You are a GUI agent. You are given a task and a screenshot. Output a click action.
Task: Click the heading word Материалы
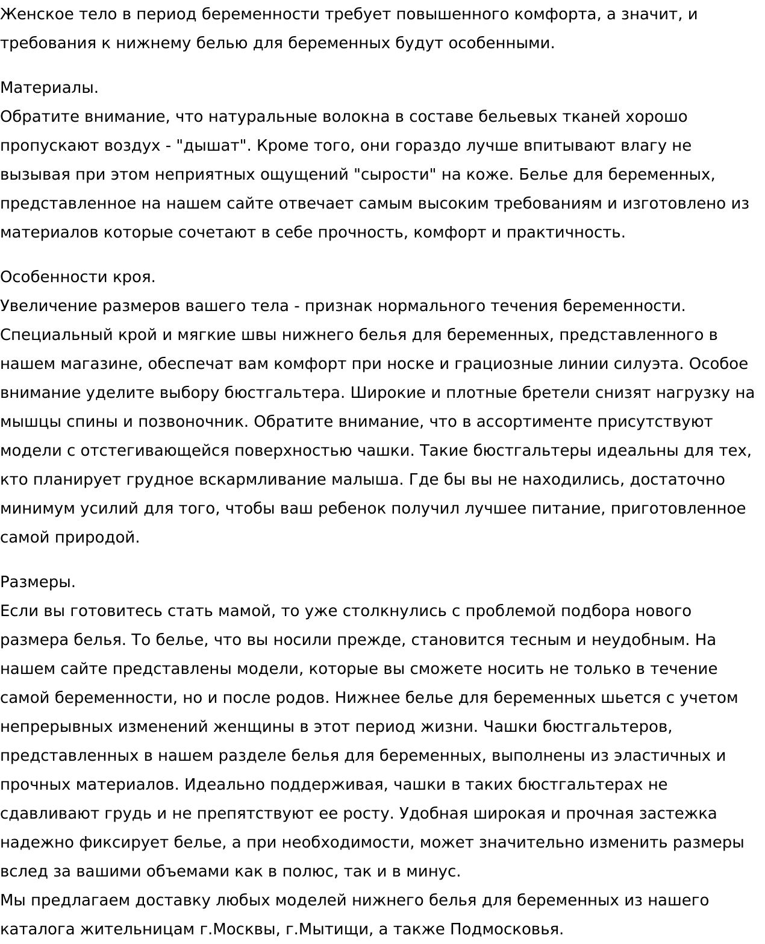(49, 88)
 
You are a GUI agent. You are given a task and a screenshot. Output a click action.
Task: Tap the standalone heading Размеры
(38, 582)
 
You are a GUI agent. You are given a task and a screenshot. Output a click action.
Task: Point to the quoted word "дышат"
(208, 146)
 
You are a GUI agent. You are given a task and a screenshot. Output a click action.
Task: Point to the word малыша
(366, 480)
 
